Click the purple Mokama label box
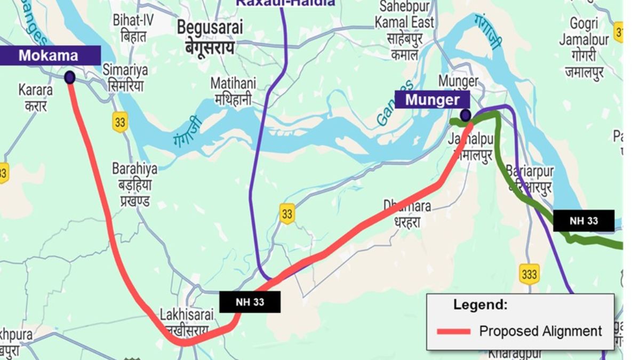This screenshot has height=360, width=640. tap(49, 55)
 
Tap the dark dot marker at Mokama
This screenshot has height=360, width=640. tap(69, 78)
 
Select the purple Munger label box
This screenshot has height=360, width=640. tap(432, 100)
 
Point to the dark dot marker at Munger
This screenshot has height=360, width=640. tap(465, 115)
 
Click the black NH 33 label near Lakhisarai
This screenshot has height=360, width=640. tap(250, 302)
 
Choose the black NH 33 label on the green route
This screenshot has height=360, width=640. tap(583, 221)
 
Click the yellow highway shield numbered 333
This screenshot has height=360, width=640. tap(529, 274)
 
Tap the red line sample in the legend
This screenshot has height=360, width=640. tap(453, 331)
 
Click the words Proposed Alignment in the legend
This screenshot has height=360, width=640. tap(540, 331)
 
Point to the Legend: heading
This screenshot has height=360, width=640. tap(480, 305)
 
